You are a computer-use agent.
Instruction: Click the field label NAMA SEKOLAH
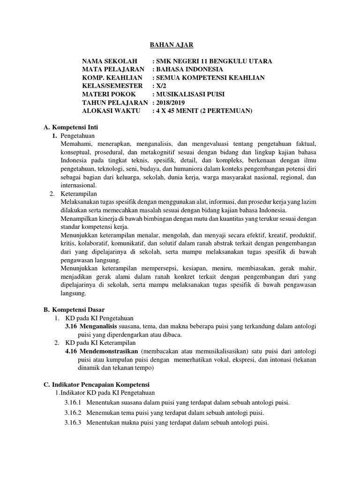point(110,61)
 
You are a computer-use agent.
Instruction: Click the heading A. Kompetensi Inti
point(70,127)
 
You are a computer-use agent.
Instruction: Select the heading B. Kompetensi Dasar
point(74,310)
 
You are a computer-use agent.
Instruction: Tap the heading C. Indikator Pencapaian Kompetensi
point(100,384)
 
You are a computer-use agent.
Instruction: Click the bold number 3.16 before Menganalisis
point(71,326)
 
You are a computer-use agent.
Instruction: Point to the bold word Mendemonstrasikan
point(109,351)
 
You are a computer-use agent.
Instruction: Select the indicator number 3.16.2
point(73,413)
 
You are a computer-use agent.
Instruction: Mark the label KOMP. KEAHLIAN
point(110,78)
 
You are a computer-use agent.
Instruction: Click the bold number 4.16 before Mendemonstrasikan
point(71,351)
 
